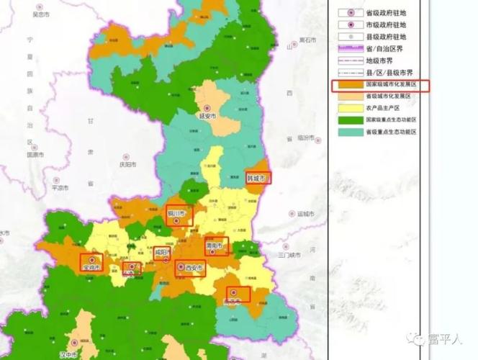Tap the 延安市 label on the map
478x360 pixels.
click(x=207, y=114)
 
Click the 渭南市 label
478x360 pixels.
click(x=216, y=245)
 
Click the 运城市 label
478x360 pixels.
click(x=305, y=214)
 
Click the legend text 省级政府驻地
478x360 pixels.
click(x=386, y=13)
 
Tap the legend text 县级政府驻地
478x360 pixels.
click(x=386, y=36)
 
